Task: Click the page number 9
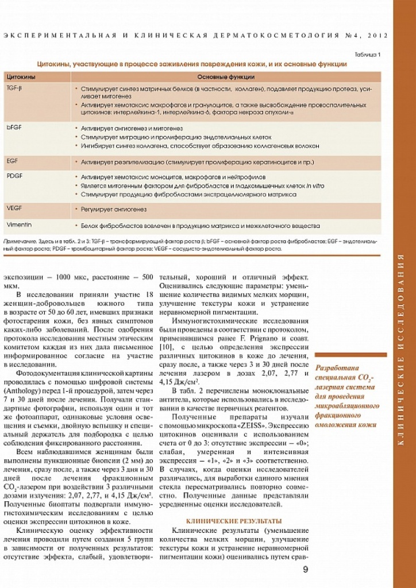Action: click(305, 569)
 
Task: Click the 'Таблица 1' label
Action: click(368, 55)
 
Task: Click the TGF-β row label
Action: click(14, 89)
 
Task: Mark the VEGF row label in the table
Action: click(14, 207)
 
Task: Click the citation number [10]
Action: click(167, 350)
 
